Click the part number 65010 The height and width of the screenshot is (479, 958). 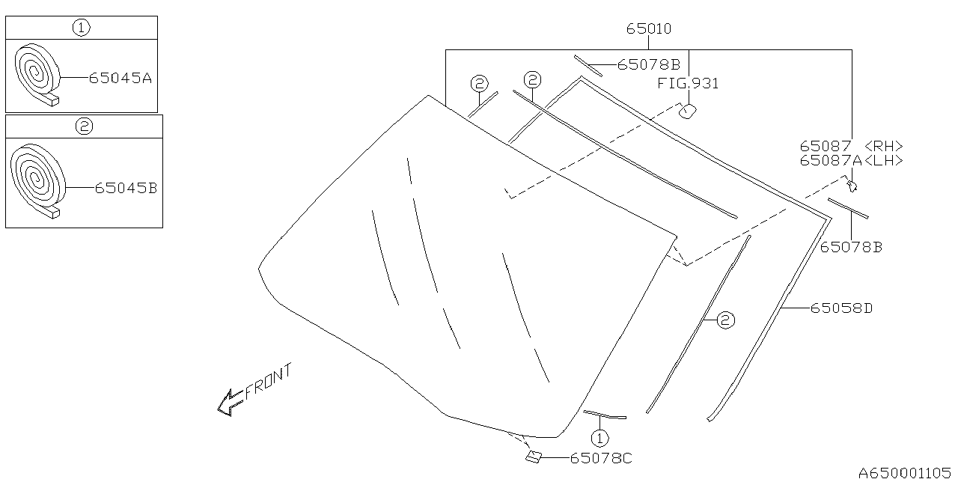(x=649, y=29)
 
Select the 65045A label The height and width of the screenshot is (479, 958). (x=120, y=77)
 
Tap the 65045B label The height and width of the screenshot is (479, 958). (x=126, y=189)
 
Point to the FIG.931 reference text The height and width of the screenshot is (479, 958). (x=688, y=83)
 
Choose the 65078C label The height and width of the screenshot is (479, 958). (x=601, y=458)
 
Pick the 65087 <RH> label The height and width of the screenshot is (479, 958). (x=851, y=147)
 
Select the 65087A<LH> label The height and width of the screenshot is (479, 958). (x=851, y=160)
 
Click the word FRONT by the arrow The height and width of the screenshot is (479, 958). (x=268, y=381)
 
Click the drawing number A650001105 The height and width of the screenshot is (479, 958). (x=906, y=472)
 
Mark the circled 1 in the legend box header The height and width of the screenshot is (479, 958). (x=81, y=28)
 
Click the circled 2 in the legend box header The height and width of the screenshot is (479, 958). (x=84, y=126)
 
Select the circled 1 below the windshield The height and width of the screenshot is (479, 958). (x=599, y=438)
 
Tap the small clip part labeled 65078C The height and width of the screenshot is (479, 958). (x=534, y=457)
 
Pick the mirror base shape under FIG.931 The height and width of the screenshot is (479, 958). (x=687, y=111)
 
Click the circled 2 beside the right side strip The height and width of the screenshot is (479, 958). (x=724, y=320)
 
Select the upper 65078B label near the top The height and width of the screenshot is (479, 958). (x=648, y=64)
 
